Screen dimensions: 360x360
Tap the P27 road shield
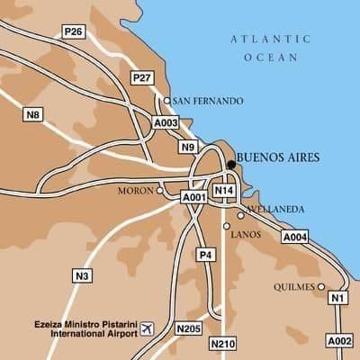coord(141,78)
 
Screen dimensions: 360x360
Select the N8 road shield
coord(33,114)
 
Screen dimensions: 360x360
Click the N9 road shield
coord(187,147)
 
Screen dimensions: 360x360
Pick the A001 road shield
coord(194,196)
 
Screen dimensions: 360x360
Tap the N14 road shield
coord(224,191)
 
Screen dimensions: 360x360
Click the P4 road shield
coord(206,256)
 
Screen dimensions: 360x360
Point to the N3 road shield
coord(83,274)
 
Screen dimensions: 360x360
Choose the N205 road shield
coord(189,328)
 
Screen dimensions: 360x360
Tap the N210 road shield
coord(221,344)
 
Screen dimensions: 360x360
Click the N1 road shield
coord(338,298)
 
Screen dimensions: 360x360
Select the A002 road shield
coord(338,341)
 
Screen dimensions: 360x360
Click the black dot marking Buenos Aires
coord(231,165)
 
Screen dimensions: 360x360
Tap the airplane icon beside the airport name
coord(148,327)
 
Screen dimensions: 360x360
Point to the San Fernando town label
coord(206,101)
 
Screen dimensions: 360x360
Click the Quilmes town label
coord(292,287)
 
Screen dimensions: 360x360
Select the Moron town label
coord(136,191)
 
